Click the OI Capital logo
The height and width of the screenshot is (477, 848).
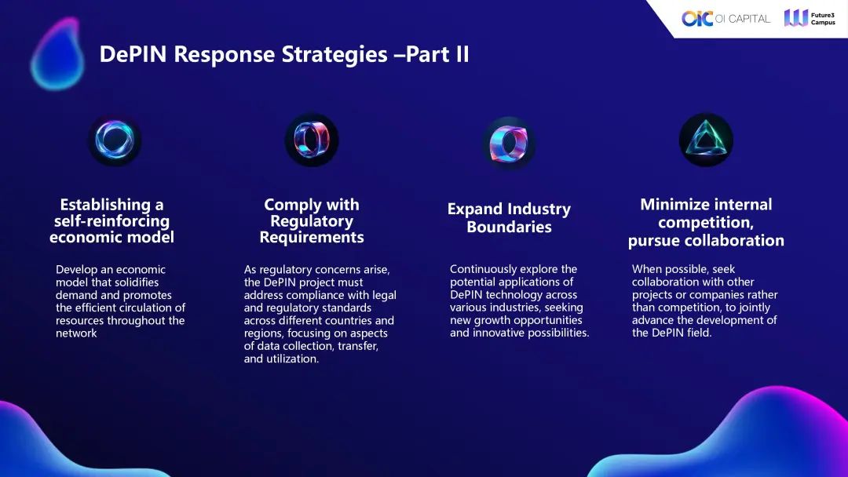click(x=726, y=18)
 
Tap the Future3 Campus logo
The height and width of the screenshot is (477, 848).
click(x=810, y=18)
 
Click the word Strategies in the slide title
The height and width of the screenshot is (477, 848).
click(x=333, y=55)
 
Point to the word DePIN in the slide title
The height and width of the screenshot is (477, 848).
click(x=133, y=54)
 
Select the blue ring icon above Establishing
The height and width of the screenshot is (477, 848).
click(x=115, y=140)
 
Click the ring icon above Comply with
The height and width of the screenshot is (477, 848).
click(x=312, y=140)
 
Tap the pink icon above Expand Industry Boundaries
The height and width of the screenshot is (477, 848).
click(x=508, y=144)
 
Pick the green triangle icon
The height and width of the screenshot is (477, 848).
click(x=706, y=140)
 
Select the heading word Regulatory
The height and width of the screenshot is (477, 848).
click(x=312, y=221)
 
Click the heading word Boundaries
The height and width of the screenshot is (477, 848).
click(x=509, y=227)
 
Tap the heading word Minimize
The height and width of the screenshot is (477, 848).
click(x=672, y=204)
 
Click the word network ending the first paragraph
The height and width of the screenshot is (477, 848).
click(x=76, y=333)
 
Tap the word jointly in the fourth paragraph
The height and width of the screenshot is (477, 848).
click(x=753, y=308)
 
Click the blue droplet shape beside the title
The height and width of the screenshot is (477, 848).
click(x=57, y=53)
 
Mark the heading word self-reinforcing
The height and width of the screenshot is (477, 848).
click(x=111, y=221)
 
